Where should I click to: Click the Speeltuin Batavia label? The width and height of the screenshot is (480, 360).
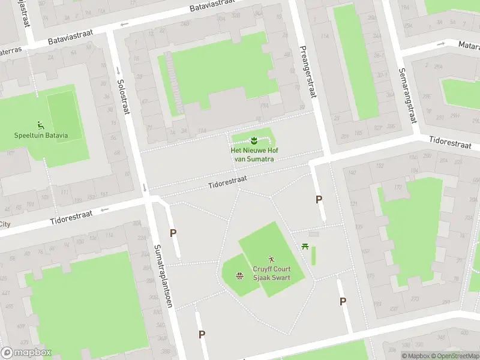point(41,135)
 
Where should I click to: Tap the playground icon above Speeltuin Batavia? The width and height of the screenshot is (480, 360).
point(41,125)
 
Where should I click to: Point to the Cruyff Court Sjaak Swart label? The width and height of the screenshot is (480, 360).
point(271,274)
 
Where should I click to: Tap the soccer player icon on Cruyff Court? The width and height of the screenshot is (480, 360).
point(271,259)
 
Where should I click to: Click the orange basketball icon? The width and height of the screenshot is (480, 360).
point(239,276)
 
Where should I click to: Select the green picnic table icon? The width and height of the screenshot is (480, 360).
point(305,245)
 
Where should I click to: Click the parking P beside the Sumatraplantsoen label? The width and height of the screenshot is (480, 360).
point(173,233)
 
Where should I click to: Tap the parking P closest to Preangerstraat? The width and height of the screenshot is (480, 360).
point(319,199)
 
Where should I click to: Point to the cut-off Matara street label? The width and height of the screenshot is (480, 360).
point(468,44)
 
